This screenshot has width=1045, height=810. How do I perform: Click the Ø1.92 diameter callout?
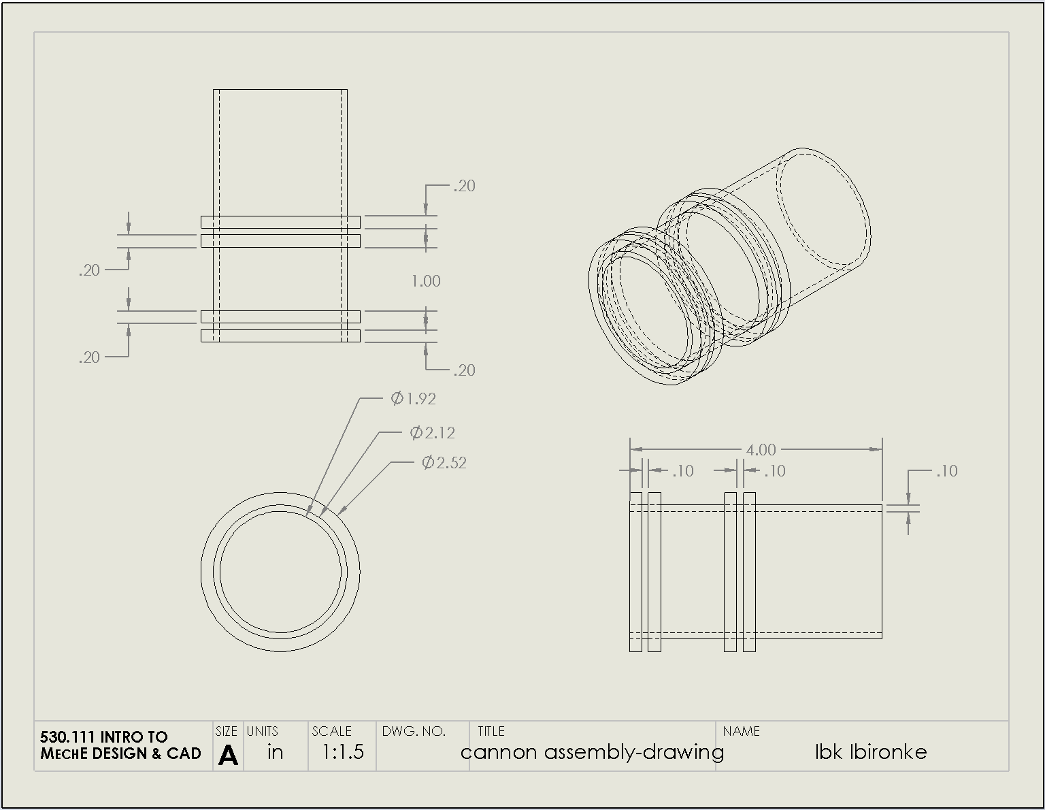point(413,399)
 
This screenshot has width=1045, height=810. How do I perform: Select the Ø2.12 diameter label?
point(432,433)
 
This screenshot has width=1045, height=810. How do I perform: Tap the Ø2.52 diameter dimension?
point(444,463)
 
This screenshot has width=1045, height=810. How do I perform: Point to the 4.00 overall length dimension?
point(761,450)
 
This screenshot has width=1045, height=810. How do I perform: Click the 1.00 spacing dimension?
point(426,281)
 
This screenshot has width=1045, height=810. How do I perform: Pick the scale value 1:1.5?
point(342,751)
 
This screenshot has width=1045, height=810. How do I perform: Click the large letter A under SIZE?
point(228,755)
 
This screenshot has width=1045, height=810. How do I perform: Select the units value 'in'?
point(275,752)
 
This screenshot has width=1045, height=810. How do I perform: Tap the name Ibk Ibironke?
point(870,752)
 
